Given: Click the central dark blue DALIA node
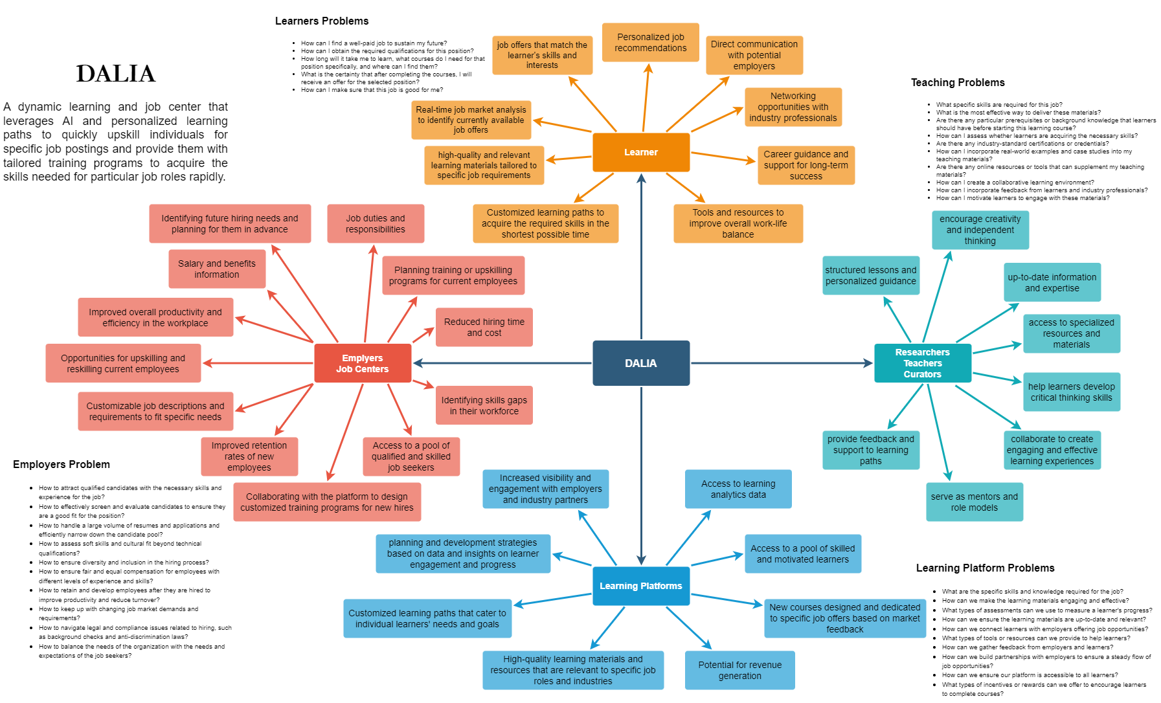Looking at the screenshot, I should pyautogui.click(x=640, y=363).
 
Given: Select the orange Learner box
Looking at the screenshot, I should pyautogui.click(x=640, y=152).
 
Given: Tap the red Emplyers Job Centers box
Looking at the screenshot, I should pyautogui.click(x=362, y=363).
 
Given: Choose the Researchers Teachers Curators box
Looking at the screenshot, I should pyautogui.click(x=922, y=363).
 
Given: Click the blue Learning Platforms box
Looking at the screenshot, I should pyautogui.click(x=640, y=586).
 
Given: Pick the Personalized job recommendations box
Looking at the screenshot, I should pyautogui.click(x=650, y=43).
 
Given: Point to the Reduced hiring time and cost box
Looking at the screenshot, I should pyautogui.click(x=484, y=327).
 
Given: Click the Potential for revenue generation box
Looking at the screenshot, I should pyautogui.click(x=739, y=670).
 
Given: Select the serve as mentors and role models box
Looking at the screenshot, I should pyautogui.click(x=974, y=502).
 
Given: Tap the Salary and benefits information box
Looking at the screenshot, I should pyautogui.click(x=217, y=269).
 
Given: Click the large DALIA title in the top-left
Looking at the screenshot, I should pyautogui.click(x=116, y=74).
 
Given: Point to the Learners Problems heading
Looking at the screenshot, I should pyautogui.click(x=322, y=21).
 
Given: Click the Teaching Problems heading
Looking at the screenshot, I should pyautogui.click(x=958, y=82).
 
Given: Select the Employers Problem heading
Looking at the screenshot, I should pyautogui.click(x=62, y=464).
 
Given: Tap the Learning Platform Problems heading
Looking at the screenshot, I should pyautogui.click(x=985, y=568).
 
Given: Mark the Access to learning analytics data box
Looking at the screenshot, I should pyautogui.click(x=738, y=489).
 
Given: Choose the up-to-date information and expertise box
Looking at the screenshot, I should pyautogui.click(x=1052, y=282).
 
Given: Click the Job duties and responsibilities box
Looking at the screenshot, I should pyautogui.click(x=376, y=223).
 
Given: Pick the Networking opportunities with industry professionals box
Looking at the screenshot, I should pyautogui.click(x=793, y=107).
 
